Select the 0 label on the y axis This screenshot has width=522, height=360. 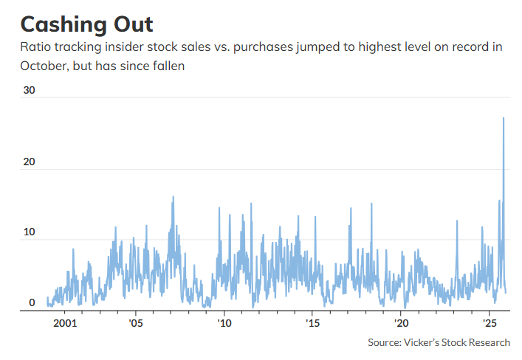pyautogui.click(x=32, y=302)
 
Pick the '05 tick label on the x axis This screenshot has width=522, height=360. pyautogui.click(x=136, y=323)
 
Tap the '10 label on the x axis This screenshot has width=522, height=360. pyautogui.click(x=224, y=323)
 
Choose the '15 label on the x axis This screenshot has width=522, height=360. pyautogui.click(x=312, y=323)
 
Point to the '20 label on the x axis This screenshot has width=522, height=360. pyautogui.click(x=401, y=323)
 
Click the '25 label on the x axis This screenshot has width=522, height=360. pyautogui.click(x=489, y=323)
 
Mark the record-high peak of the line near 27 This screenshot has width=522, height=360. pyautogui.click(x=504, y=118)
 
